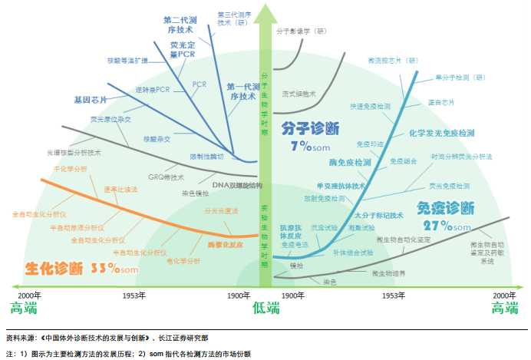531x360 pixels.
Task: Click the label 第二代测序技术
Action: [182, 25]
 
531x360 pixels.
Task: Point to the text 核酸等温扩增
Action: [127, 60]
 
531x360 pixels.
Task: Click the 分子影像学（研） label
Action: [302, 31]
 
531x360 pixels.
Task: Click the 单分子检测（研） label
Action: [460, 78]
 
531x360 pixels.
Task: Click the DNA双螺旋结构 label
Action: [237, 186]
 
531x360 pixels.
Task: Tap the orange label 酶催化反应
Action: [225, 244]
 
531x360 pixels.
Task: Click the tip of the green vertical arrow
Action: [265, 6]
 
